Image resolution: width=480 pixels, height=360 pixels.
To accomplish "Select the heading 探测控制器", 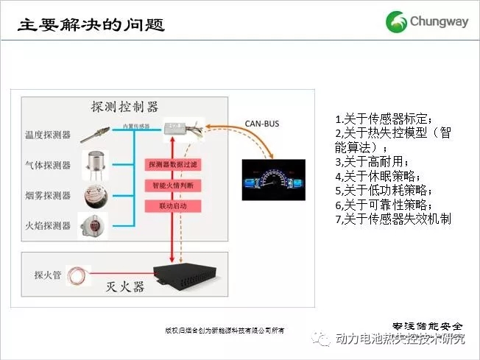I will [x=124, y=106].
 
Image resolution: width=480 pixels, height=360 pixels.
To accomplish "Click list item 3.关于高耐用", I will [x=371, y=162].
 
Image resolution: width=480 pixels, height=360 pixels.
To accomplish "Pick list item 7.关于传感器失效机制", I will [x=392, y=219].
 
